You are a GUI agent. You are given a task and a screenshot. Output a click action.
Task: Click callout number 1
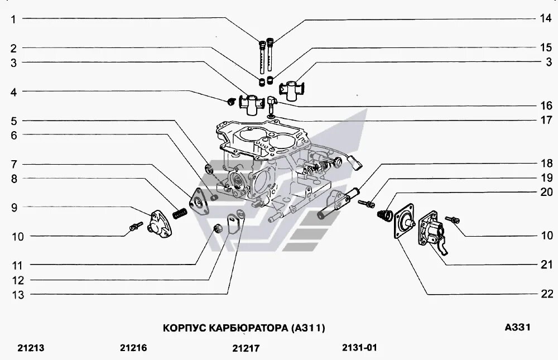click(x=13, y=20)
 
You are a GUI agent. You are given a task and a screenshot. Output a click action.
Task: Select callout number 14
click(x=545, y=18)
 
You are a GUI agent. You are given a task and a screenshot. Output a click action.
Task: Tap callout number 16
click(x=545, y=105)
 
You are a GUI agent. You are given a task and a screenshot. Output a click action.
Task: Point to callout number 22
click(x=545, y=294)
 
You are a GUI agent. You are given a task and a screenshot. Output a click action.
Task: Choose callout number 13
click(x=18, y=295)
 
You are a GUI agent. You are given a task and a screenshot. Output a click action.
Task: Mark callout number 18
click(x=545, y=164)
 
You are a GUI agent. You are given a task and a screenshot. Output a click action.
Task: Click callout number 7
click(x=13, y=164)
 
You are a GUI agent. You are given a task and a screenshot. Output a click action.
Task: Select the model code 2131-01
click(x=360, y=347)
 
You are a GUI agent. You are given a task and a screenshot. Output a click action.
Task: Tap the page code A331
click(x=517, y=327)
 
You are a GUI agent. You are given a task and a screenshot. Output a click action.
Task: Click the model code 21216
click(x=133, y=348)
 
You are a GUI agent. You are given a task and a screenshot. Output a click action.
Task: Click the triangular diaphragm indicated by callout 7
click(x=199, y=201)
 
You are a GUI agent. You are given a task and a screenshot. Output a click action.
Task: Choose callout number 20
click(x=545, y=192)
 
